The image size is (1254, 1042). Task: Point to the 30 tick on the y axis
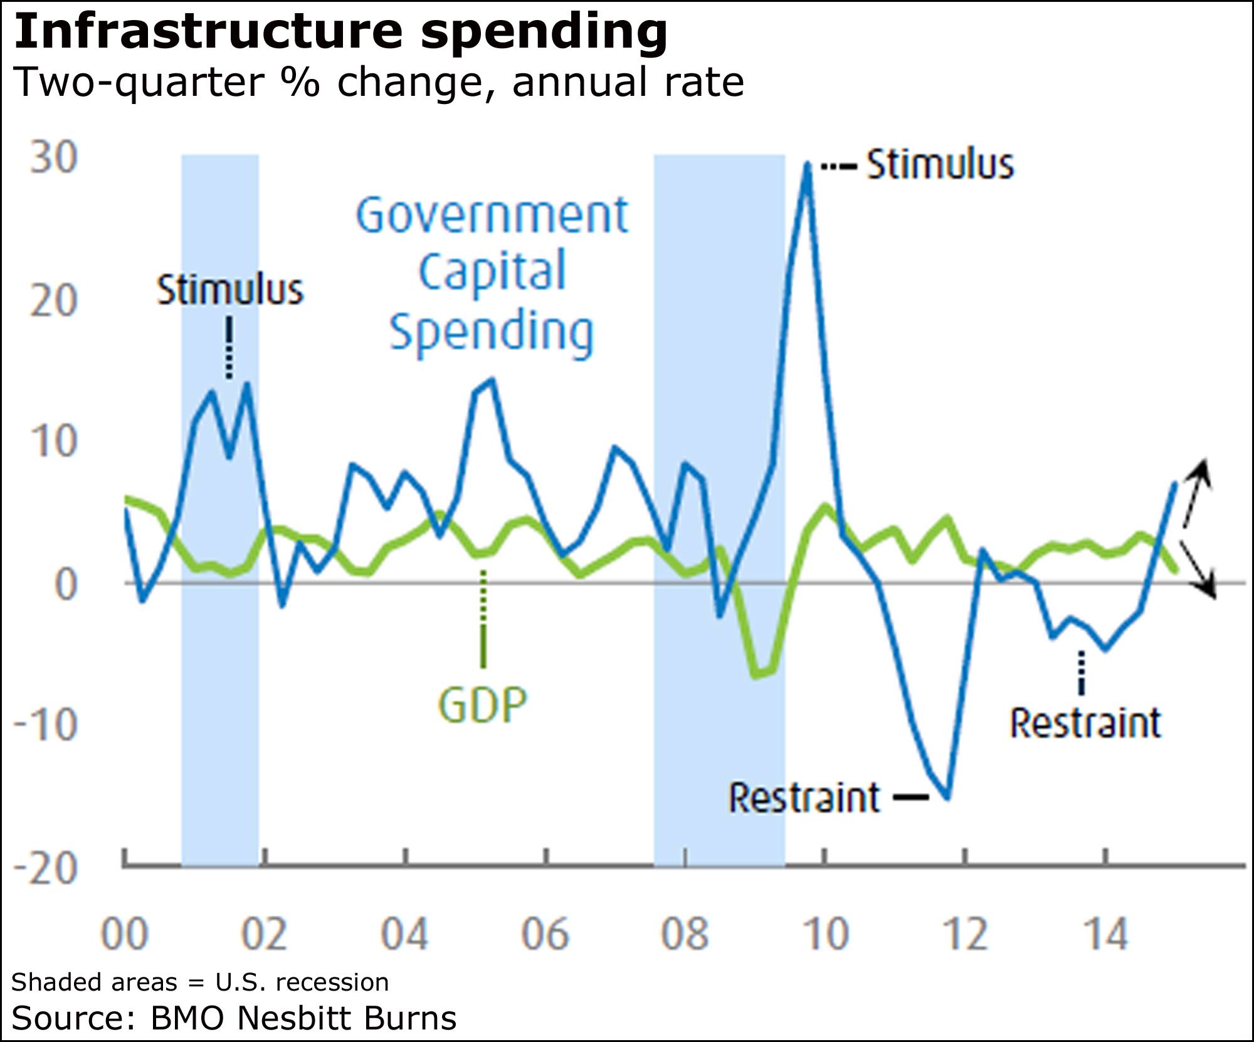coord(54,157)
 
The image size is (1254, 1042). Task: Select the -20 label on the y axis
coord(45,868)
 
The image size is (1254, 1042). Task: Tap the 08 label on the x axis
coord(685,934)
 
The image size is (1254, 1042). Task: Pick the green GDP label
coord(482,705)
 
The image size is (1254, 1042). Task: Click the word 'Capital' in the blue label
coord(492,271)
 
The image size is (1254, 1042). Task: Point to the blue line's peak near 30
coord(808,164)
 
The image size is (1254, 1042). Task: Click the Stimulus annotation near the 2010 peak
coord(939,165)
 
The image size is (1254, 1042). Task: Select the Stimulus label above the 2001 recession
coord(229,291)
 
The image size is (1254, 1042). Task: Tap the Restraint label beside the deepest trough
coord(804,798)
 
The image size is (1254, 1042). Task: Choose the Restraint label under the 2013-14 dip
coord(1085,723)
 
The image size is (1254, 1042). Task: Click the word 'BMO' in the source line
coord(187,1019)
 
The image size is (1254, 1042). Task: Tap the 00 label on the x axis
coord(124,934)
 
